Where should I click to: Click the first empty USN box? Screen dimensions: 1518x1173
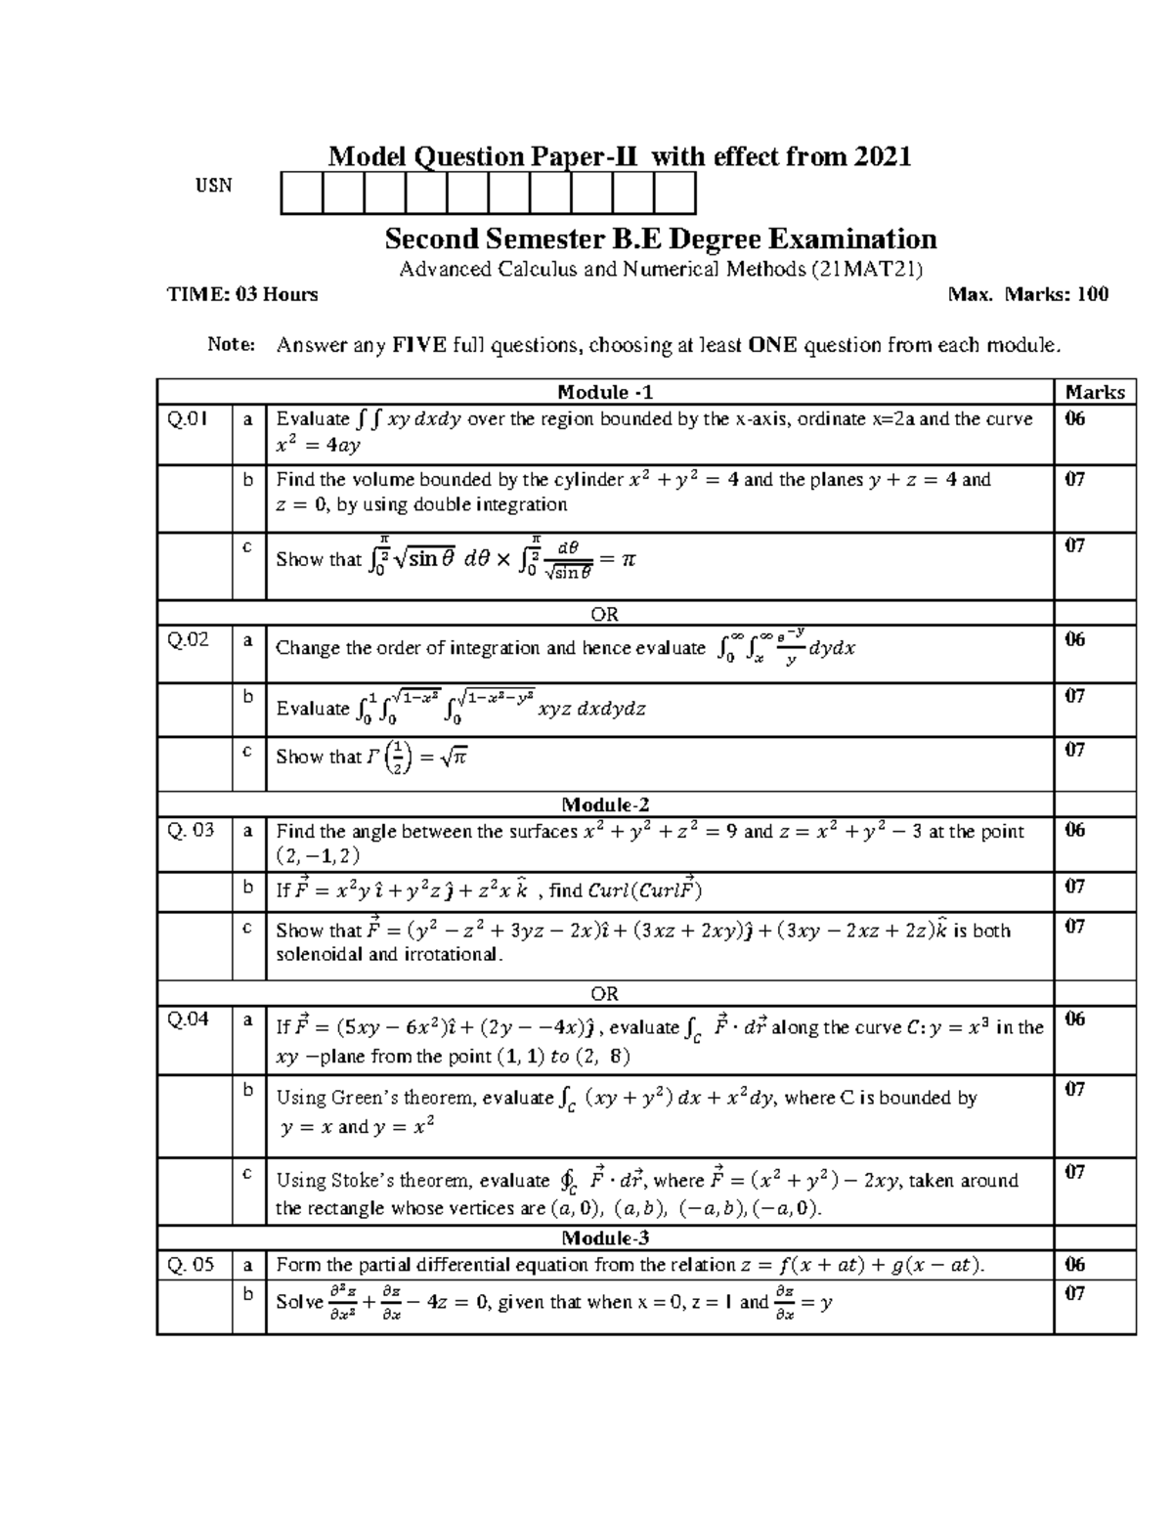[x=301, y=193]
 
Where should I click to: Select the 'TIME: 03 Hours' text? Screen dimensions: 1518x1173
[x=242, y=294]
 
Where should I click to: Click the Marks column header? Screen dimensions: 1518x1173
[x=1095, y=392]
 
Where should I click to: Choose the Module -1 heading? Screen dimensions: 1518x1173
[x=604, y=392]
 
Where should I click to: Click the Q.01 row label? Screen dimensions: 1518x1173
[x=187, y=419]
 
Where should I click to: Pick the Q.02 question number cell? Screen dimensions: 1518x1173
[x=188, y=641]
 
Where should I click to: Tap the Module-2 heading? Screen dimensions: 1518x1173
[x=604, y=805]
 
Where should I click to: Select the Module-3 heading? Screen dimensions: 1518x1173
[x=604, y=1238]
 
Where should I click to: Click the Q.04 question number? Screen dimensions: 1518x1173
[x=188, y=1019]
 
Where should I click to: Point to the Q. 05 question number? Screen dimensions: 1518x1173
[x=191, y=1265]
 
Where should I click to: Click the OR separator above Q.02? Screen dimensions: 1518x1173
[x=604, y=615]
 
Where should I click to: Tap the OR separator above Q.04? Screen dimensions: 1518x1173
[x=604, y=993]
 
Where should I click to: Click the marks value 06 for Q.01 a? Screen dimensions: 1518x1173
[x=1075, y=419]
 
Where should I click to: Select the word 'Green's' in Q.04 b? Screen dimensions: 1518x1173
[x=364, y=1098]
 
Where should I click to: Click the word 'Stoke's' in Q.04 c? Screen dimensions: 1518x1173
[x=364, y=1181]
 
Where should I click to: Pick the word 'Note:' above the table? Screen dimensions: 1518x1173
[x=232, y=344]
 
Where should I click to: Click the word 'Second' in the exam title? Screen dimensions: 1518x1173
[x=432, y=239]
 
